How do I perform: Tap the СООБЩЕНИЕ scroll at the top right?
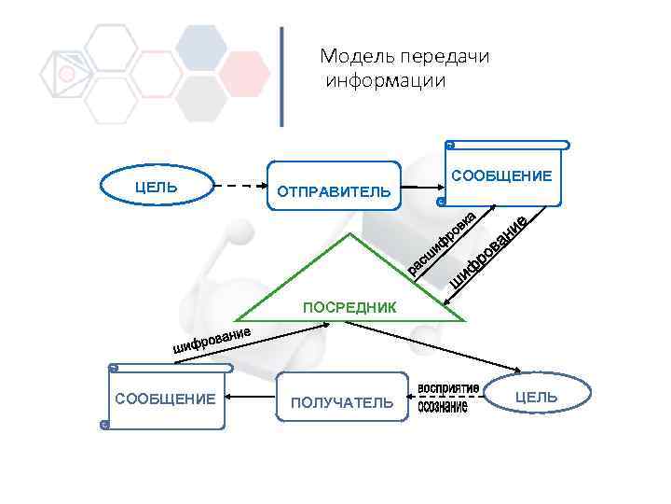[503, 175]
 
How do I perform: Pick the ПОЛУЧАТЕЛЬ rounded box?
[342, 402]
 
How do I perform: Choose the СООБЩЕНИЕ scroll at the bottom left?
[166, 399]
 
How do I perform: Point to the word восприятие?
[448, 387]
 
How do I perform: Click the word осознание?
[443, 409]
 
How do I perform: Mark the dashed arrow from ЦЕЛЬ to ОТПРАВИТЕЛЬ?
[240, 186]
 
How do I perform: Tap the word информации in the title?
[386, 80]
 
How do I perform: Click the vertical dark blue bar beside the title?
[282, 76]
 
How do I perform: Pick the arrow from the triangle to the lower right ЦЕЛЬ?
[429, 347]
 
